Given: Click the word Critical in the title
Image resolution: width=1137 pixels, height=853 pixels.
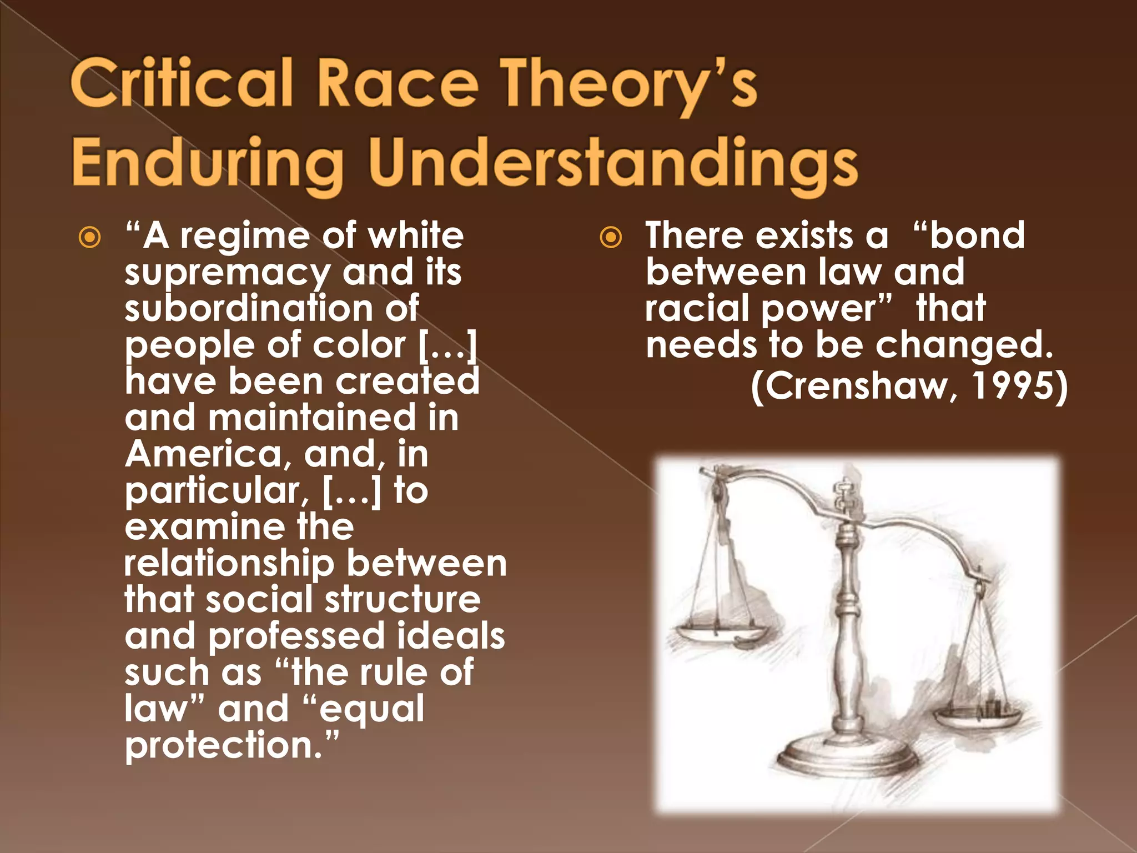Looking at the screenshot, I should [181, 84].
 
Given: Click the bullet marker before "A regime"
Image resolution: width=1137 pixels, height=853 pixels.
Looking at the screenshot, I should [89, 238].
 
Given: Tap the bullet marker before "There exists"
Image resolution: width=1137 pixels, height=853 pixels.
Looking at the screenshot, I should [611, 238].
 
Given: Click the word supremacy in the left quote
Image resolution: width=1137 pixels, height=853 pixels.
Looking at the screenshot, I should [227, 274].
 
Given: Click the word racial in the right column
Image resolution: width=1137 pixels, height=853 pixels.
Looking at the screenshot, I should [697, 309].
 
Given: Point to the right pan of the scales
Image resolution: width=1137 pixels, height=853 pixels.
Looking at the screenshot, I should [978, 717].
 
